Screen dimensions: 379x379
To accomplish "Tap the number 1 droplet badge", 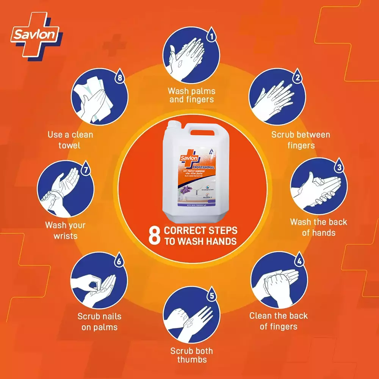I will point(211,37).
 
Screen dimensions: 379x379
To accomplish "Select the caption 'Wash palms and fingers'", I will point(191,95).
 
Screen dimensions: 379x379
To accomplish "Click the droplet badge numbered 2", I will point(298,78).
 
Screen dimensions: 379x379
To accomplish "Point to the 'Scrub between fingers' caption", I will point(301,140).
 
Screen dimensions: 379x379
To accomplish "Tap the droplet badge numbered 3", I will point(339,166).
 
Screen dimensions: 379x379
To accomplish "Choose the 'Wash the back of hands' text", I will point(318,227).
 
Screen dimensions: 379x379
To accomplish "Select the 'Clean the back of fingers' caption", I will point(279,321).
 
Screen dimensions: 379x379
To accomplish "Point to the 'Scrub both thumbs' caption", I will point(191,356).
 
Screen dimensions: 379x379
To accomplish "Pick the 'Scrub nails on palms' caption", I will point(99,321).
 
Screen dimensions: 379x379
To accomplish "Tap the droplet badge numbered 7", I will point(86,169).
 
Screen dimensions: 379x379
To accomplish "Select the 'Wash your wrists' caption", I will point(65,230).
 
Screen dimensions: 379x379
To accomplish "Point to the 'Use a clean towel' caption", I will point(70,139).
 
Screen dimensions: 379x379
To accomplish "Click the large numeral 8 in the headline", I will point(154,236).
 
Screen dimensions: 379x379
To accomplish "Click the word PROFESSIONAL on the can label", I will point(203,167).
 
